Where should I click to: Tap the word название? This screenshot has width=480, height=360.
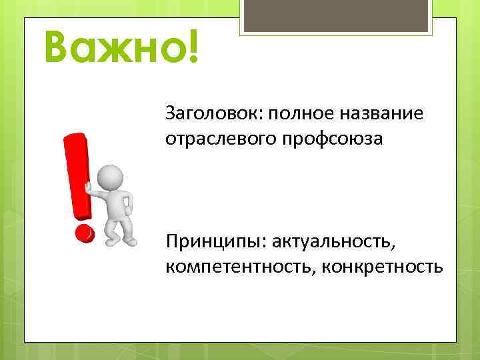(387, 113)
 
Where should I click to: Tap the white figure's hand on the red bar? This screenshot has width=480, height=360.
(89, 187)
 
